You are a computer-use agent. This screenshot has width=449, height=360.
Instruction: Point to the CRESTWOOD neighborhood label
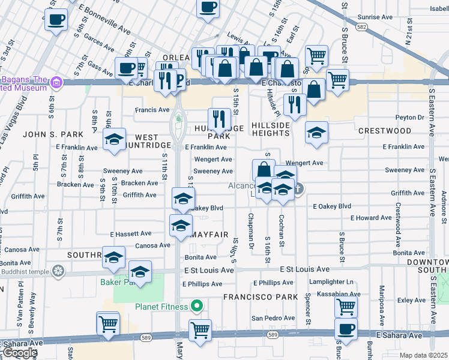(x=385, y=131)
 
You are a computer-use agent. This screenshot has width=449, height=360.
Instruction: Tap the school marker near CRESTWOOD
(x=316, y=133)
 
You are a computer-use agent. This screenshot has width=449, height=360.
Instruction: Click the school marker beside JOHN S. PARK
(x=114, y=139)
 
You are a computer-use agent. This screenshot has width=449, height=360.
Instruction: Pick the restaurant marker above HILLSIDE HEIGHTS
(x=294, y=104)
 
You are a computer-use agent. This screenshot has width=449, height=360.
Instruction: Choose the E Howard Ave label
(x=371, y=218)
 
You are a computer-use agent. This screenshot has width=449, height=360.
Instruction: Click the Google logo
(x=20, y=353)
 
